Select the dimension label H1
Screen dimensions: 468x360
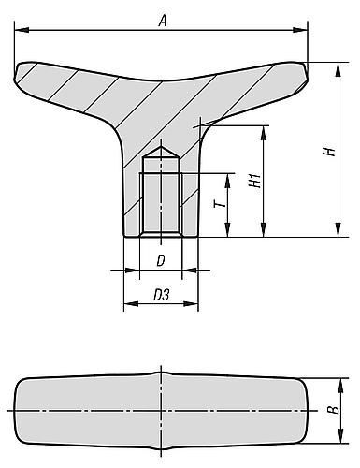pyautogui.click(x=253, y=181)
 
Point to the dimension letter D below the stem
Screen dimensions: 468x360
pyautogui.click(x=161, y=260)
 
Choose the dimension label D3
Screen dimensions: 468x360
pyautogui.click(x=161, y=296)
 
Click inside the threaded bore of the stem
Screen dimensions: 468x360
pyautogui.click(x=160, y=197)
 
